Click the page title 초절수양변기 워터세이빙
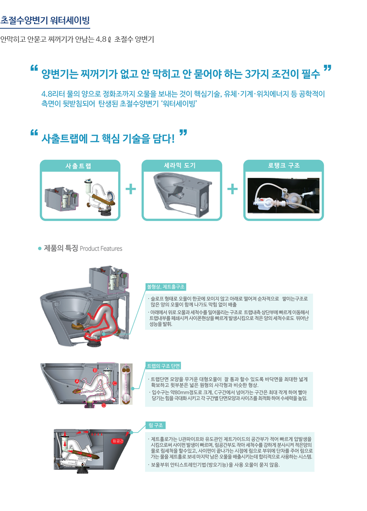click(45, 20)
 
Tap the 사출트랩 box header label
click(78, 166)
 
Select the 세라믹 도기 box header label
click(180, 165)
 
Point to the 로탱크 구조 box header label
click(284, 165)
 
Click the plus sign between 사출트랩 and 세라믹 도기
click(131, 189)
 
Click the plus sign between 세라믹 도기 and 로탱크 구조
click(232, 189)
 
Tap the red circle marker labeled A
click(77, 381)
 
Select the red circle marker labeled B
click(95, 371)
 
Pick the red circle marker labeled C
click(115, 383)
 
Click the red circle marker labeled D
click(104, 405)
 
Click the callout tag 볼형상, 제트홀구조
click(166, 287)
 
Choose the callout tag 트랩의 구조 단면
click(163, 366)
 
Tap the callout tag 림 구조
click(156, 425)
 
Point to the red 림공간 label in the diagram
click(118, 441)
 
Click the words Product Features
click(101, 249)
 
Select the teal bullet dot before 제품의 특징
click(40, 249)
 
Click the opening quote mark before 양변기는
click(34, 68)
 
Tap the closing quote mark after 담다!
click(183, 132)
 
